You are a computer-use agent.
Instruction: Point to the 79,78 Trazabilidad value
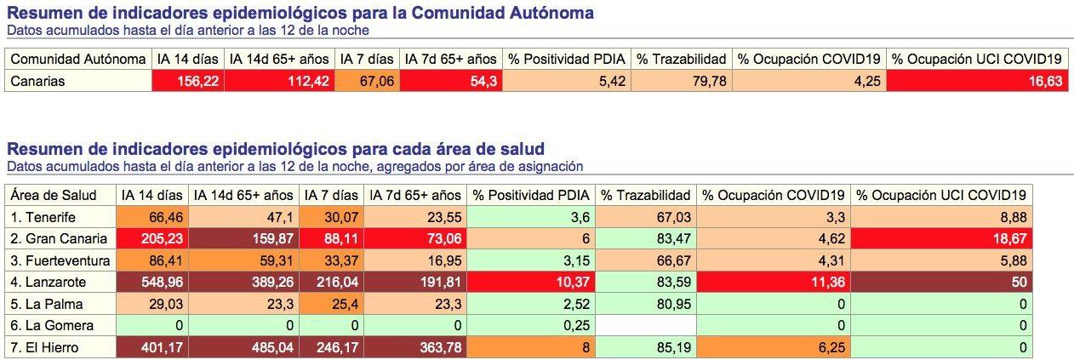[681, 82]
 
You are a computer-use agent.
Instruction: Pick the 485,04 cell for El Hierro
[243, 347]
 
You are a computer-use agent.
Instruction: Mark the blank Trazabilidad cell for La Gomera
[646, 326]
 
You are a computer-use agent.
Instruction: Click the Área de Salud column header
[54, 195]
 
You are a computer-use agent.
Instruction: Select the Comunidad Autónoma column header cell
[77, 59]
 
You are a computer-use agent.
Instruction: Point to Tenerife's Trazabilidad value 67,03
[646, 217]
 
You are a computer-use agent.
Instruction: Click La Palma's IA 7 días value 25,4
[332, 304]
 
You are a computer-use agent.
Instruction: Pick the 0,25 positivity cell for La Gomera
[533, 326]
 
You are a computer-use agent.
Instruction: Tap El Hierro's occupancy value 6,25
[774, 347]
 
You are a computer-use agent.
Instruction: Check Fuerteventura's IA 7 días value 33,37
[332, 260]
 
